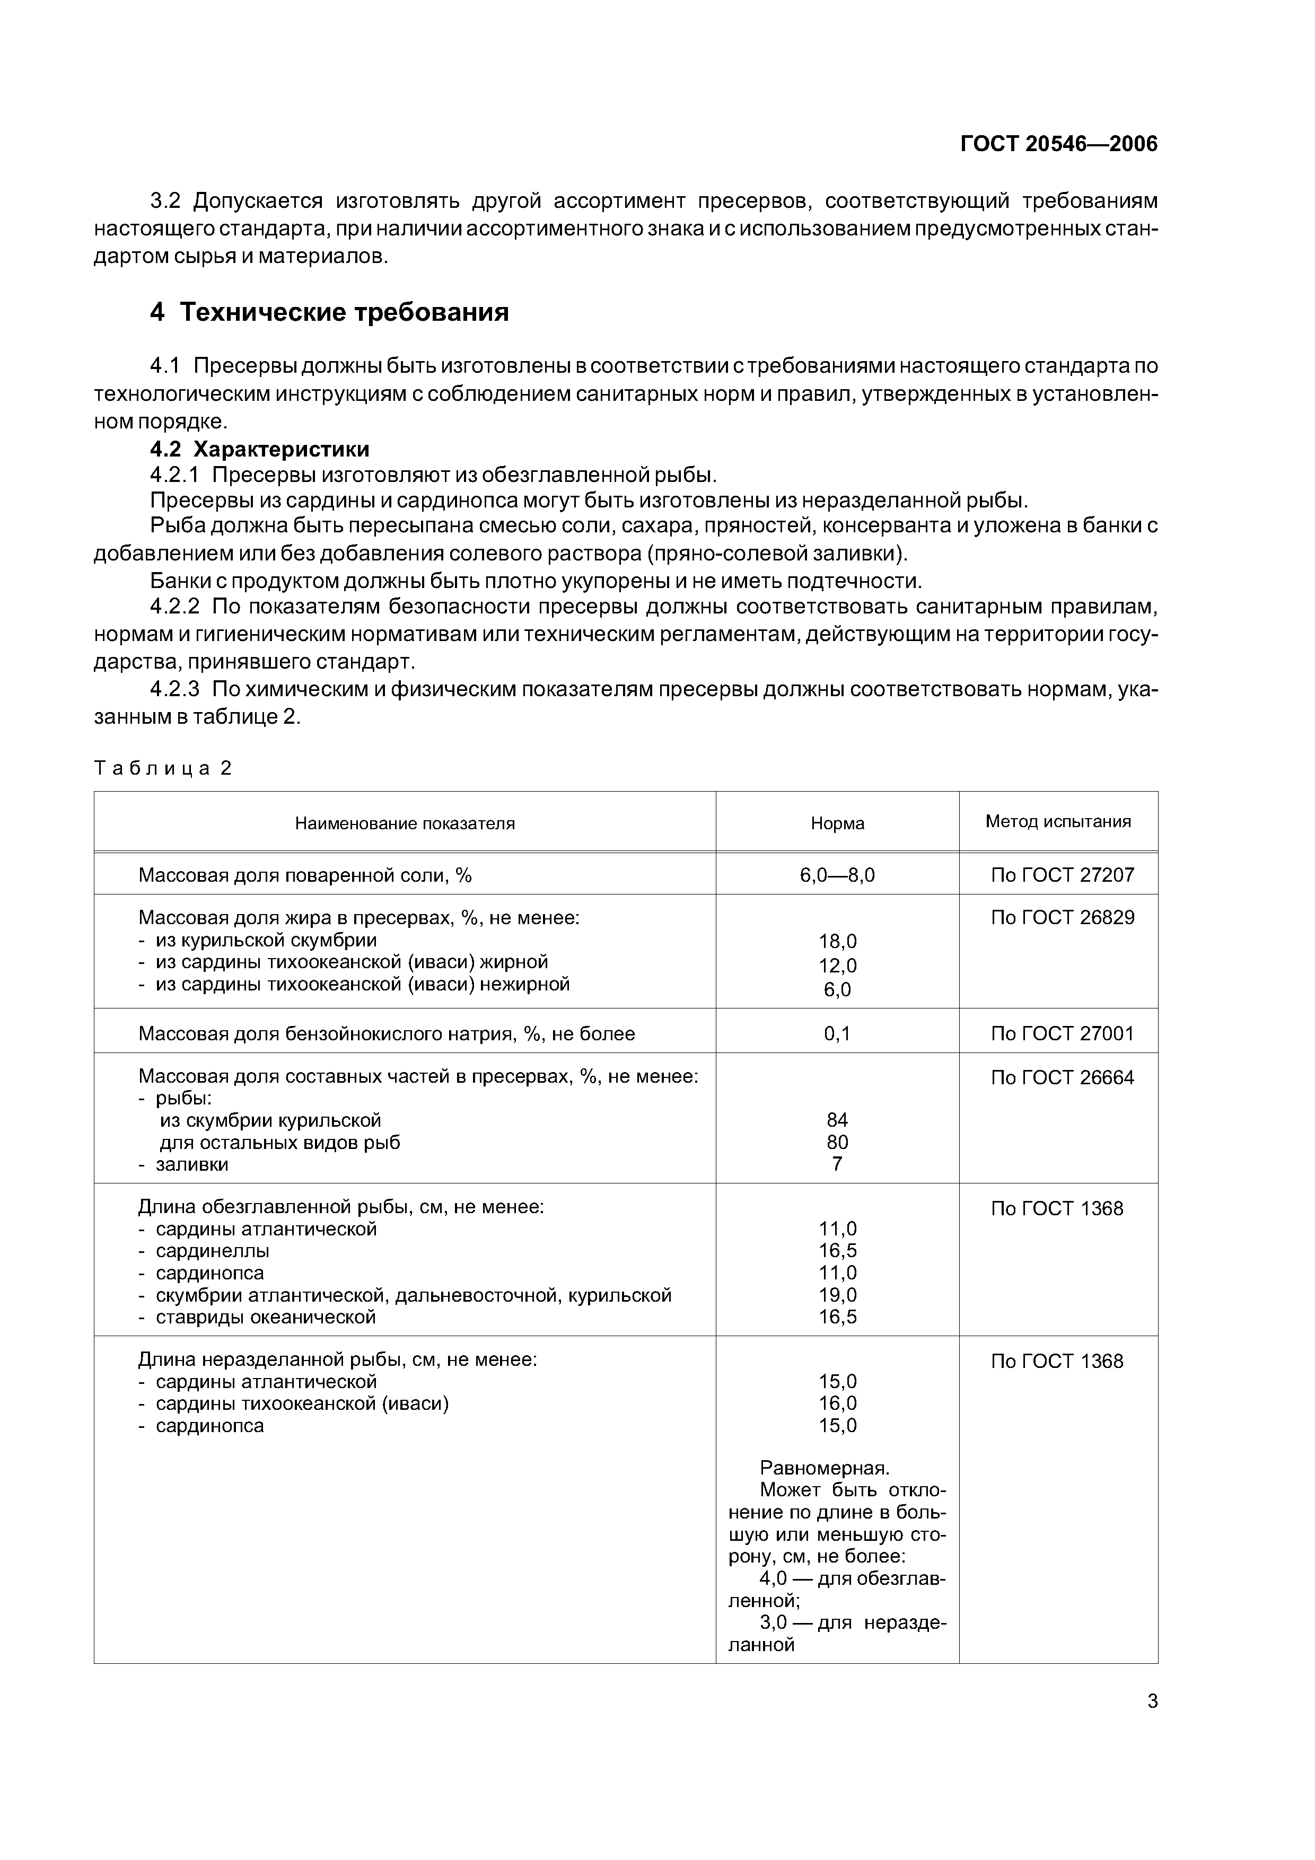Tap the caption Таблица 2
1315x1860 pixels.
pyautogui.click(x=163, y=768)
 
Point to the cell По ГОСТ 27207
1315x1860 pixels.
pyautogui.click(x=1062, y=875)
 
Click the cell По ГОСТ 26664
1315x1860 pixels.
pyautogui.click(x=1062, y=1077)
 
